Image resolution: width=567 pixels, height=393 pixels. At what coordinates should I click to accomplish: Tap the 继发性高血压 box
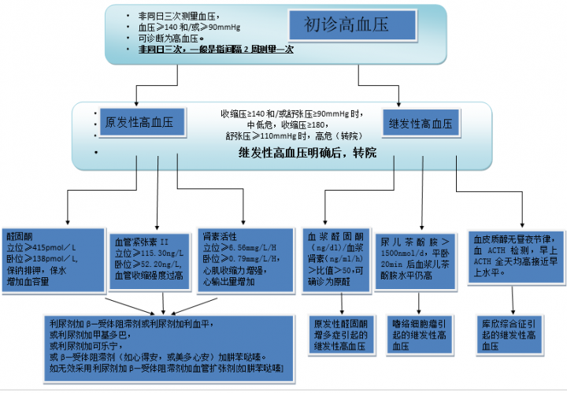tap(421, 124)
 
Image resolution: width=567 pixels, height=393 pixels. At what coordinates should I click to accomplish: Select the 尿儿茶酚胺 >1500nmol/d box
tap(415, 258)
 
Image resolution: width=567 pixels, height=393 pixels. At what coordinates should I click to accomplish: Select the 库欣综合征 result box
tap(510, 335)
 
